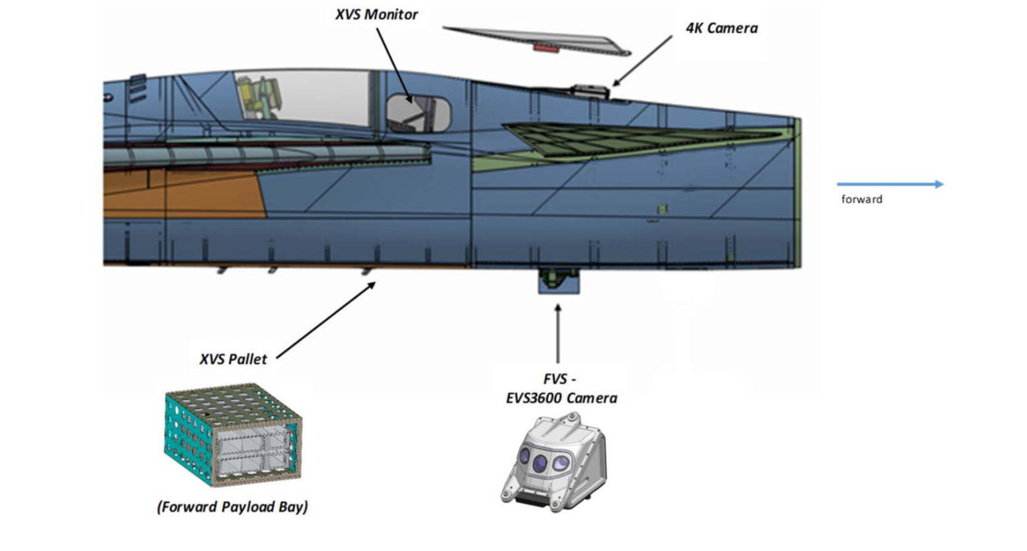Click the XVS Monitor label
coord(376,14)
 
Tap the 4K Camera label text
coord(721,28)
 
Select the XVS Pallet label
coord(233,359)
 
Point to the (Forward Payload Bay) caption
coord(233,507)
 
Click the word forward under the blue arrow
coord(861,199)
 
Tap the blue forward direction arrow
coord(889,185)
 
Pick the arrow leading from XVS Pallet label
coord(326,320)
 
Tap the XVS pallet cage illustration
coord(233,434)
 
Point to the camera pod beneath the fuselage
coord(559,281)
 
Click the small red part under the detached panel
coord(545,47)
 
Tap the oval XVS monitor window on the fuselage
coord(418,113)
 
